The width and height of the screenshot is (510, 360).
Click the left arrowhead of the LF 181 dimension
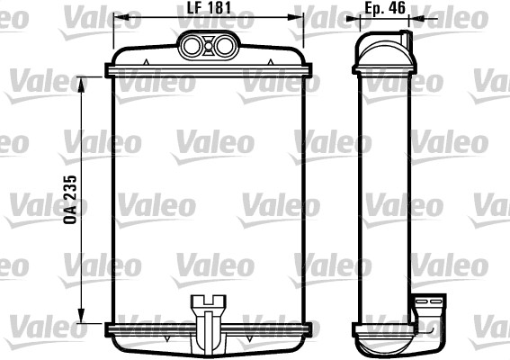[118, 18]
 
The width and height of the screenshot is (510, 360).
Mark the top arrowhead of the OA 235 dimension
[84, 81]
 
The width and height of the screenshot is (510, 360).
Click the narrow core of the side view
[386, 198]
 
